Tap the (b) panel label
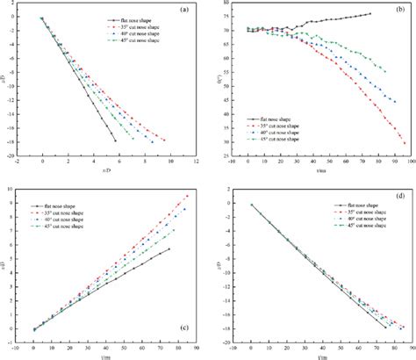(x=397, y=10)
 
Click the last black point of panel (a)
(x=115, y=140)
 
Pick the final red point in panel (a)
(x=164, y=140)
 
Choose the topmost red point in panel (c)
(x=187, y=196)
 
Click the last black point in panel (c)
(x=169, y=248)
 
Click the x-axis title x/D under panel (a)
(x=106, y=168)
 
